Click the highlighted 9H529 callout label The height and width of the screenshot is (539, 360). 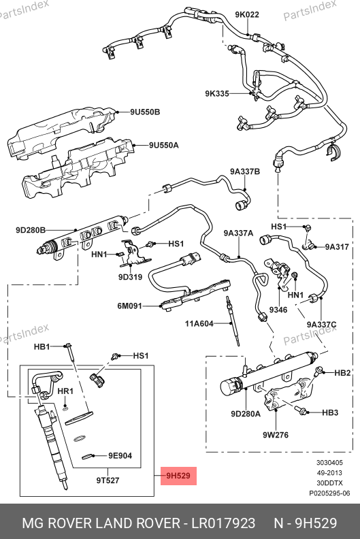click(178, 476)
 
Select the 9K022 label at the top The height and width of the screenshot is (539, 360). click(247, 14)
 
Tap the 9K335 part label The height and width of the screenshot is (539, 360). click(217, 93)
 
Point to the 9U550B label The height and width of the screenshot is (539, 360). click(145, 112)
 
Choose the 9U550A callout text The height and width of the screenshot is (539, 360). click(164, 146)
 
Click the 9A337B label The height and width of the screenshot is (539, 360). click(245, 171)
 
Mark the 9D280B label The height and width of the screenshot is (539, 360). click(31, 230)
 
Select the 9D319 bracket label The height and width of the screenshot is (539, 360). click(130, 277)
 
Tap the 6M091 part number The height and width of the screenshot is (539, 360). click(129, 306)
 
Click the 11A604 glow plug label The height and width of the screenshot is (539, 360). click(199, 323)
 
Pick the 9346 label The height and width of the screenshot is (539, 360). click(278, 310)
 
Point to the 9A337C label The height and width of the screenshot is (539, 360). click(321, 325)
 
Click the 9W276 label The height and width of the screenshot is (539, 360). click(276, 435)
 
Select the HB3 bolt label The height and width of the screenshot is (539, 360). click(330, 412)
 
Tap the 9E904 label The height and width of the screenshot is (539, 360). click(120, 456)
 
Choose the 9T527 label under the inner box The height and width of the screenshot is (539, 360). click(108, 480)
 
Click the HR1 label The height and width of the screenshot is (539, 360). click(65, 391)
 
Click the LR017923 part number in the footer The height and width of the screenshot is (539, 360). click(223, 523)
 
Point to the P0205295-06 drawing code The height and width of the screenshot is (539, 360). click(329, 493)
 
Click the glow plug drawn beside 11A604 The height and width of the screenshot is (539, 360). click(233, 321)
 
